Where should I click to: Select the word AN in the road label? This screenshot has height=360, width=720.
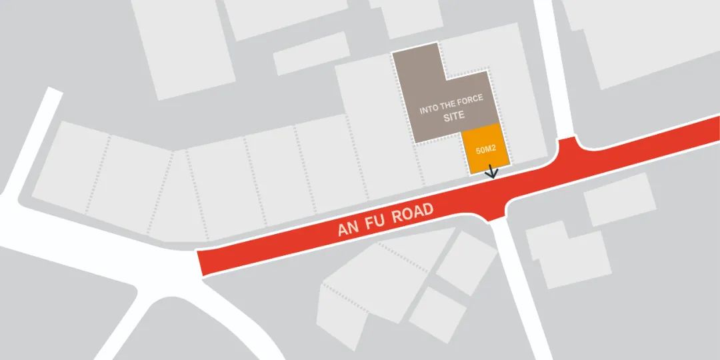pyautogui.click(x=349, y=229)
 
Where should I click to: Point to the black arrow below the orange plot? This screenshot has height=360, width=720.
pyautogui.click(x=493, y=172)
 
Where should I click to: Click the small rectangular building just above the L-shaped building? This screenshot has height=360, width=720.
pyautogui.click(x=619, y=199)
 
